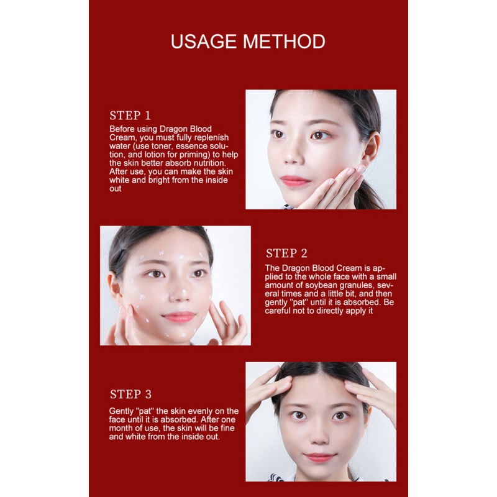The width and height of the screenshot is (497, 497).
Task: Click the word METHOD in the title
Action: tap(285, 42)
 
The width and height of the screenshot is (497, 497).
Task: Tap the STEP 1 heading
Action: tap(130, 116)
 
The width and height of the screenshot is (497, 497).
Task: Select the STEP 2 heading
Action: tap(286, 253)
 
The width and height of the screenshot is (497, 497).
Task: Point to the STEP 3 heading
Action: tap(130, 394)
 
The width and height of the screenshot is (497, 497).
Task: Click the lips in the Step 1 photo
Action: tap(294, 181)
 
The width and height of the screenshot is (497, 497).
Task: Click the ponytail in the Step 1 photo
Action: tap(370, 194)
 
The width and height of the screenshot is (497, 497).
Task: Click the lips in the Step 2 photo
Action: tap(179, 317)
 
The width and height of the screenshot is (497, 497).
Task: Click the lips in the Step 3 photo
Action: tap(319, 457)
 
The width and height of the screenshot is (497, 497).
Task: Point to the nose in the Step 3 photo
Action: tap(319, 433)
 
